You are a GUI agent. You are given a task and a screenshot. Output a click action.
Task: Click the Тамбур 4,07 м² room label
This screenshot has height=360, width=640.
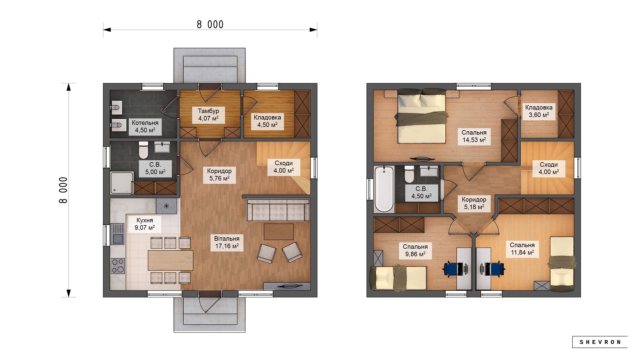coord(208,114)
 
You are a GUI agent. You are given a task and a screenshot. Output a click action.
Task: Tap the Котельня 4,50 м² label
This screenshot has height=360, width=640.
coord(145,126)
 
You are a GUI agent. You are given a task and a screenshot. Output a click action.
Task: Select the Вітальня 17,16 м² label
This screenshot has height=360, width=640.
coord(227,242)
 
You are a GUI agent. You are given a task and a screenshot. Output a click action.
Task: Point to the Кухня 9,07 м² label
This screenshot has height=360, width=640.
coord(145,224)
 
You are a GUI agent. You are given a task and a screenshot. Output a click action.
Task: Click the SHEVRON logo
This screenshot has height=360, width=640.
coord(600,342)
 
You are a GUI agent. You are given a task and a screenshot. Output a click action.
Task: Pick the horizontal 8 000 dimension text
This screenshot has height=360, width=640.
coord(210,24)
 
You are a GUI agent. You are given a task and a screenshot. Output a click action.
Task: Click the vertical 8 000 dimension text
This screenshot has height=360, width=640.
coord(63,190)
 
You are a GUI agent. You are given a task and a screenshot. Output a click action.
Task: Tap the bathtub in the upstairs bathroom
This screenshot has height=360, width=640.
coord(384,189)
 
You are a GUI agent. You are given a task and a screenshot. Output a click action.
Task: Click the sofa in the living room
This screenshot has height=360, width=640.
coord(278,210)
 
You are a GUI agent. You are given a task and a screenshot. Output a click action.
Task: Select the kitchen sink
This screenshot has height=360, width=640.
coord(117,233)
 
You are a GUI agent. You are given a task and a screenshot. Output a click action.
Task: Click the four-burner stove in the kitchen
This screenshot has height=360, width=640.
coord(118,266)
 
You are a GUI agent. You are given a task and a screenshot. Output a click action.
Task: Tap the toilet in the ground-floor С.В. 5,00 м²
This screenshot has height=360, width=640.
coord(143,150)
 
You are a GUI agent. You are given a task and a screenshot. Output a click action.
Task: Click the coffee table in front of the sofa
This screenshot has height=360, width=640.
coord(279,232)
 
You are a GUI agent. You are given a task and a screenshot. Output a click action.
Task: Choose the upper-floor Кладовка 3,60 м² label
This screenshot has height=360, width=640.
coord(539,111)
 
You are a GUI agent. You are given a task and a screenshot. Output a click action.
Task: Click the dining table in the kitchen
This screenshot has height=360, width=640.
coord(170,260)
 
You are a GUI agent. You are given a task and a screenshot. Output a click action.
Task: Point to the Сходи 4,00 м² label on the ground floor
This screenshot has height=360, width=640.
coord(284,167)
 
